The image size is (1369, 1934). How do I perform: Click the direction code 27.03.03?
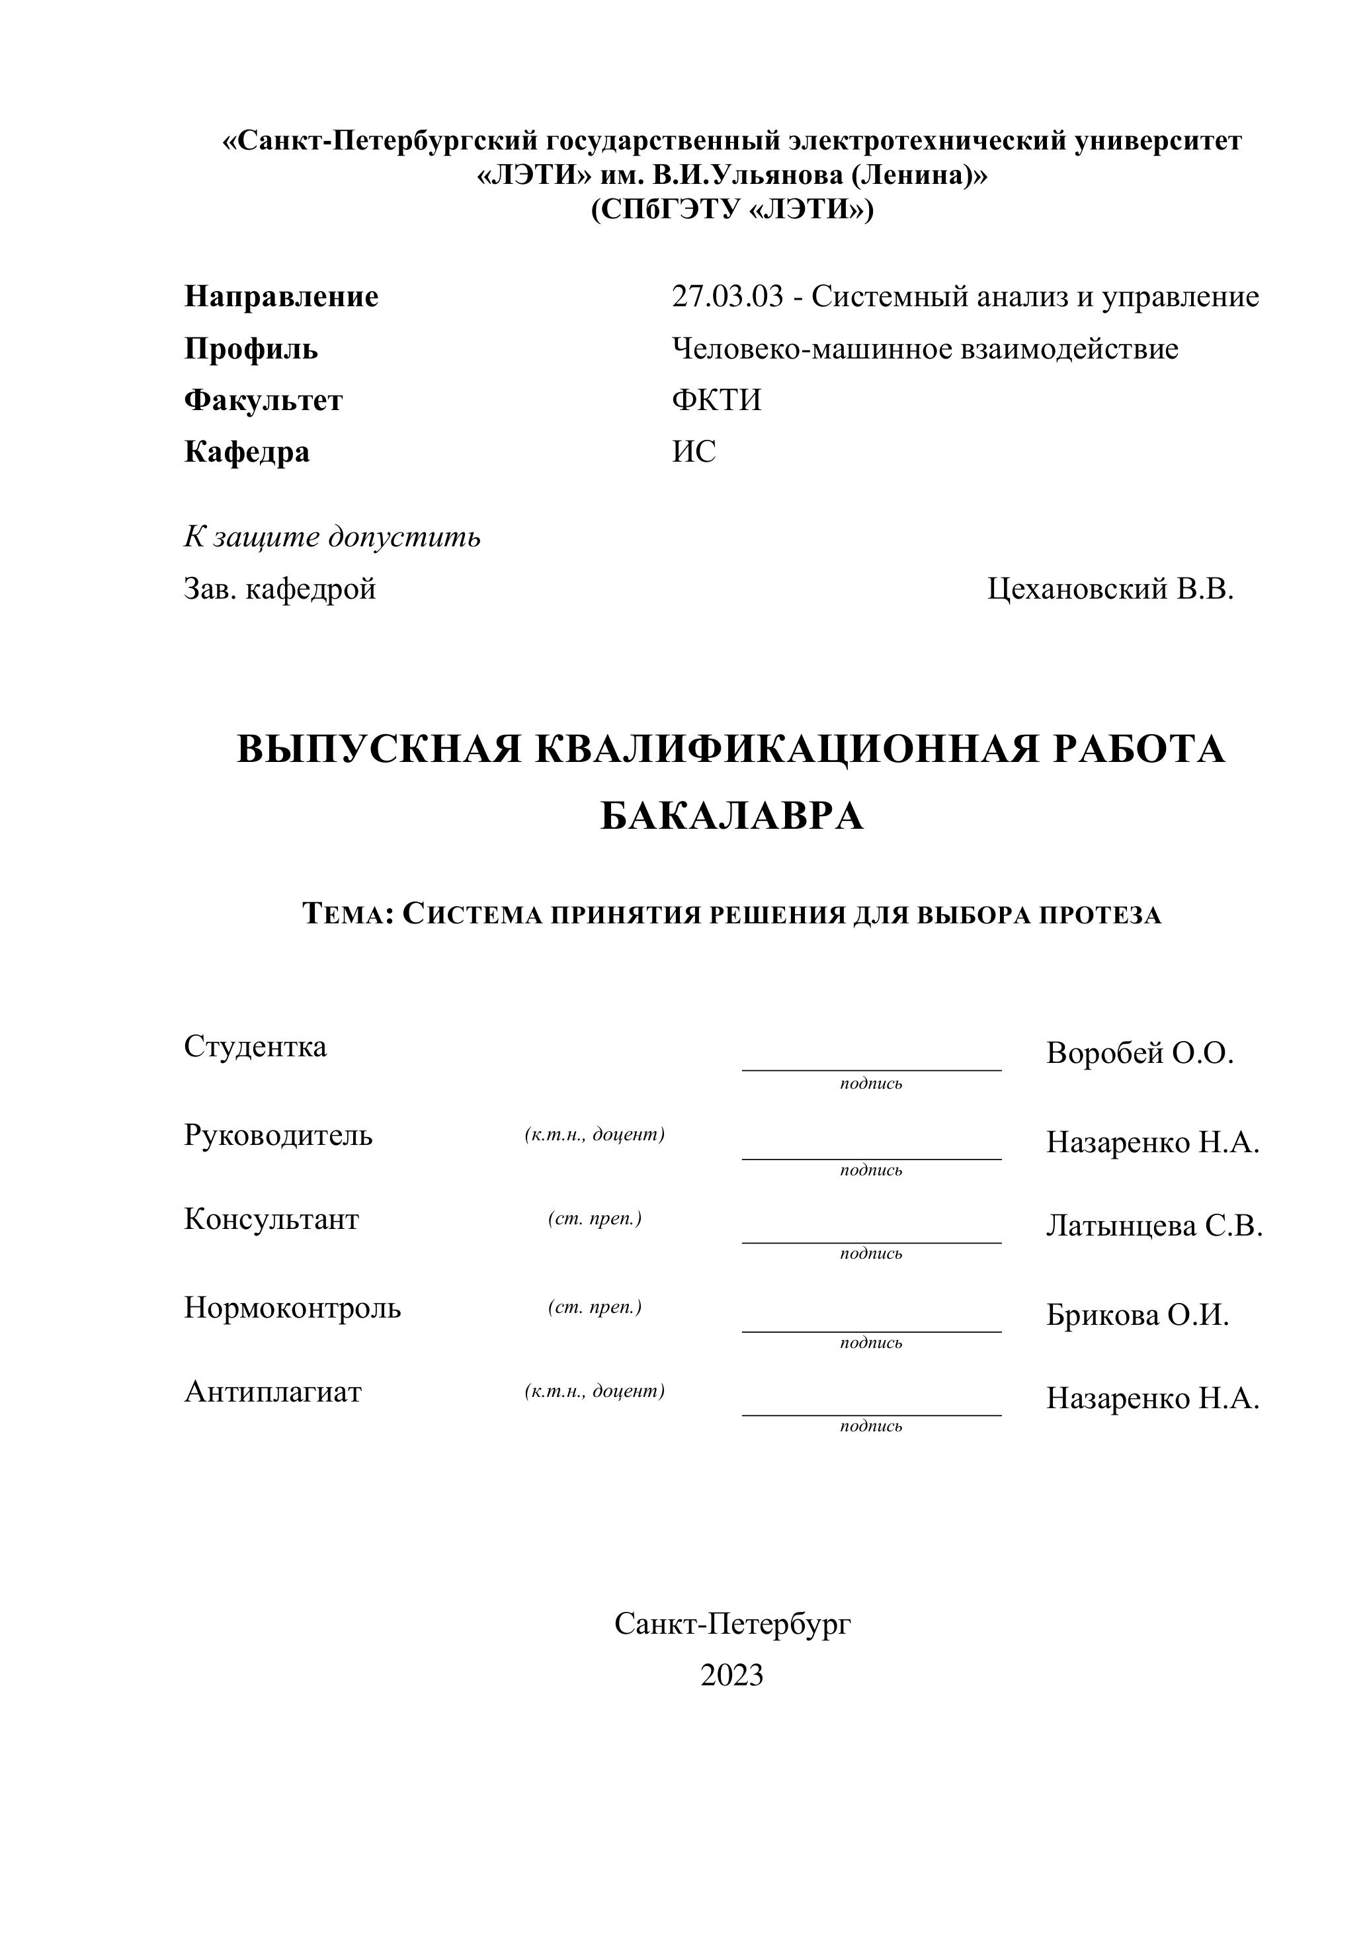tap(727, 297)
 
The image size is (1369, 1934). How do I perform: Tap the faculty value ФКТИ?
tap(716, 399)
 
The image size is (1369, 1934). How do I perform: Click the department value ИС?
tap(694, 452)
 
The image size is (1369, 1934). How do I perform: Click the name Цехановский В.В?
tap(1110, 589)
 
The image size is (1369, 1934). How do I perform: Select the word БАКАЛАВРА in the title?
tap(731, 816)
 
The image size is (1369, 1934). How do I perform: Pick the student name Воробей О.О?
tap(1140, 1053)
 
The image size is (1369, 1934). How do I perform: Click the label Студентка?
tap(255, 1046)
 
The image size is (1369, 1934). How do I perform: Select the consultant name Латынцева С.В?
tap(1154, 1226)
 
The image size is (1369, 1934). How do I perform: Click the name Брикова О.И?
tap(1137, 1314)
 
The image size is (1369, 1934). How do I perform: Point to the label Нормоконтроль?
tap(292, 1308)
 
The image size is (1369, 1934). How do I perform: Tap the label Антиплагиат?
tap(272, 1391)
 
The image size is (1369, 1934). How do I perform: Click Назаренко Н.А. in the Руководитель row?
tap(1152, 1142)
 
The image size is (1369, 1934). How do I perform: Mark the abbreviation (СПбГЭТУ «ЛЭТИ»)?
tap(731, 209)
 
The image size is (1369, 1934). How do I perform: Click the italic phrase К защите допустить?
tap(332, 536)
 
